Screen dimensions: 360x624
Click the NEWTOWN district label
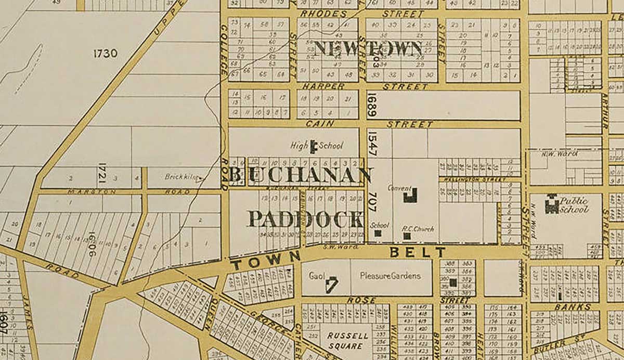[x=368, y=48]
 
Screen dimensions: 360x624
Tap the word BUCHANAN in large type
[x=300, y=175]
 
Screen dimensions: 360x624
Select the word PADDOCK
[x=305, y=219]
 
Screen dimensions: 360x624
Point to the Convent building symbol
[x=411, y=195]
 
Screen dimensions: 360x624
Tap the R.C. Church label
[x=418, y=228]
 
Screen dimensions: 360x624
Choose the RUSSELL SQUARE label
[x=348, y=341]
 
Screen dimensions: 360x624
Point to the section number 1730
[x=106, y=53]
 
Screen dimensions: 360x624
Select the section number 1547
[x=371, y=143]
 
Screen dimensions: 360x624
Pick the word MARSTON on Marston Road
[x=86, y=191]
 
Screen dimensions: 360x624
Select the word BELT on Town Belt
[x=418, y=252]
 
